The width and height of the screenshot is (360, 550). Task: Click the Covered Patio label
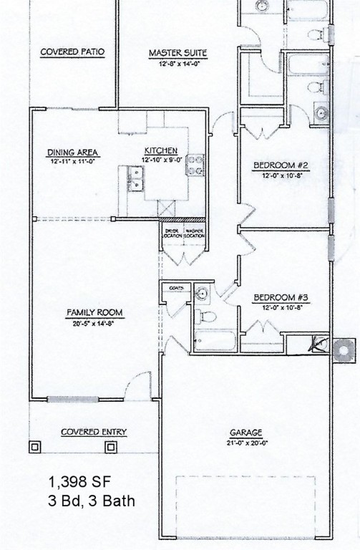tap(72, 52)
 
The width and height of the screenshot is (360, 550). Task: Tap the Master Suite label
tap(177, 52)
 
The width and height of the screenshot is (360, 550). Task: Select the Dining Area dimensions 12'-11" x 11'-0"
tap(73, 163)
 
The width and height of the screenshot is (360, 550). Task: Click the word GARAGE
tap(245, 433)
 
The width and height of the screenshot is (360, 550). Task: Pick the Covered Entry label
tap(94, 432)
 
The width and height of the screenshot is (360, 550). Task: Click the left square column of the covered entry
tap(35, 447)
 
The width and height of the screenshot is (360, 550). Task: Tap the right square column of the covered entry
tap(111, 447)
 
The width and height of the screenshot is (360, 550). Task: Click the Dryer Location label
tap(172, 233)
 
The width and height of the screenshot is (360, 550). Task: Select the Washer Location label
tap(194, 233)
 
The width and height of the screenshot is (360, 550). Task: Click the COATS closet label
tap(177, 288)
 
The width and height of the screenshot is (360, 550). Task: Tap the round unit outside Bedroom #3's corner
tap(346, 351)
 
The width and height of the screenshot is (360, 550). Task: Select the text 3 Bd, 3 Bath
tap(91, 501)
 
